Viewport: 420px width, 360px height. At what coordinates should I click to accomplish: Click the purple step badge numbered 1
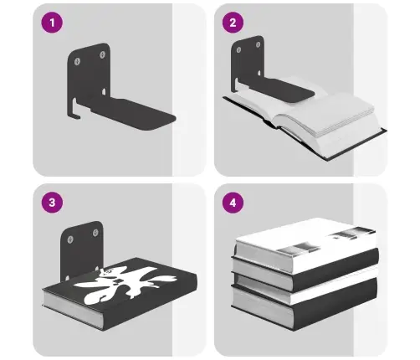click(52, 23)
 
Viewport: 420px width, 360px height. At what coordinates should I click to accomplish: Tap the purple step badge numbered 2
click(233, 23)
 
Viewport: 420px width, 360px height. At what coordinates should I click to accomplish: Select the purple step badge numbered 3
click(52, 203)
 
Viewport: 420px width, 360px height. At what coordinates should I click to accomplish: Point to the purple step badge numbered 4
click(233, 203)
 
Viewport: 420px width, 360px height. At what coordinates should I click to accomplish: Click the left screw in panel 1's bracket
click(77, 61)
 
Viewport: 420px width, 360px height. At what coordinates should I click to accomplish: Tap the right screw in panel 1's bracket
click(102, 54)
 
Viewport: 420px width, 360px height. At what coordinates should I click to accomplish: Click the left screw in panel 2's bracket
click(238, 50)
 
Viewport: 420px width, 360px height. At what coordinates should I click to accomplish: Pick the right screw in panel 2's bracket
click(258, 44)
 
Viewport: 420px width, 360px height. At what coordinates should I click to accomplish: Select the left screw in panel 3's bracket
click(70, 239)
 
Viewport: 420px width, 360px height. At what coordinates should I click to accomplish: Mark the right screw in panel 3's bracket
click(95, 233)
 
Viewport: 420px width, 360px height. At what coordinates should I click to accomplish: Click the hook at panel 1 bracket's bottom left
click(74, 111)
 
